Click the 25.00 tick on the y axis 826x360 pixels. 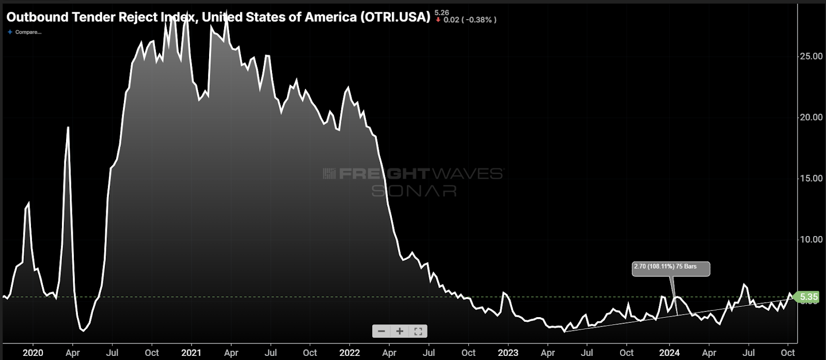[811, 56]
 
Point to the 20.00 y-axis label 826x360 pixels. [811, 117]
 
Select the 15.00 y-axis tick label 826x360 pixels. [811, 178]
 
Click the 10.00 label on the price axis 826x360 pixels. [811, 239]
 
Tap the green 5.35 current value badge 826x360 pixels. [808, 297]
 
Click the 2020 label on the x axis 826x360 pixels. [33, 353]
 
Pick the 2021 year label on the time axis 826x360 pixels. [191, 353]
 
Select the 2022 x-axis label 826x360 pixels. [350, 353]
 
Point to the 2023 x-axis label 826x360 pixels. [508, 353]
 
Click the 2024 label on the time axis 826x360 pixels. [669, 353]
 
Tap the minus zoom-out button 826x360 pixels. [382, 331]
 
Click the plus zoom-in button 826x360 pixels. [400, 331]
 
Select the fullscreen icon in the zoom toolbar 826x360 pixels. [418, 331]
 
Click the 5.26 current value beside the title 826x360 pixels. [441, 12]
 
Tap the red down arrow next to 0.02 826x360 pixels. [438, 20]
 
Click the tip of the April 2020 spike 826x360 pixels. [68, 128]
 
